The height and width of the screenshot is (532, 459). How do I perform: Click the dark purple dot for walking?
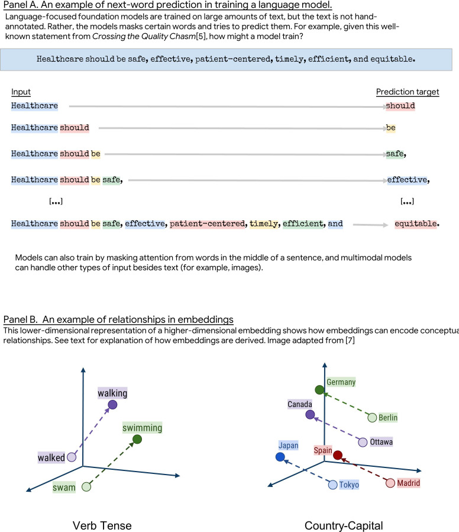[112, 405]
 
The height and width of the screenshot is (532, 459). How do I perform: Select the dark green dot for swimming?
[137, 439]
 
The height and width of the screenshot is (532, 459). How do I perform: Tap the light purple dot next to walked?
[72, 457]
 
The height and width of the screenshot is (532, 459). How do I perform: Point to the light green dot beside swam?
[86, 487]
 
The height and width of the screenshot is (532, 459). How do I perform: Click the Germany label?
[341, 382]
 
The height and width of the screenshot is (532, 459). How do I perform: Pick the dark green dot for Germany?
[319, 390]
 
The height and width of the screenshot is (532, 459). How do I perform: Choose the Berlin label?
[388, 418]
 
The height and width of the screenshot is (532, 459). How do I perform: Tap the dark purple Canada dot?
[311, 415]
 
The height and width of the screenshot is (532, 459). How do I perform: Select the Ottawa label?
[381, 442]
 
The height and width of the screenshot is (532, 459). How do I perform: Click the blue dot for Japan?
[280, 457]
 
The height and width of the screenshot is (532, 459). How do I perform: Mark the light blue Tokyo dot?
[332, 485]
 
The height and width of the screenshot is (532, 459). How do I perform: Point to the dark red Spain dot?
[337, 456]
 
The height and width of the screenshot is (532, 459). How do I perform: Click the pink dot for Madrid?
[390, 483]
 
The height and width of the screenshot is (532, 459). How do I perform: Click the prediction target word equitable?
[416, 225]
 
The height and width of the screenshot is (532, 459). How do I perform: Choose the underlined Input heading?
[21, 92]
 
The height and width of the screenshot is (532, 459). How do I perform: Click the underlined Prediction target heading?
[408, 92]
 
